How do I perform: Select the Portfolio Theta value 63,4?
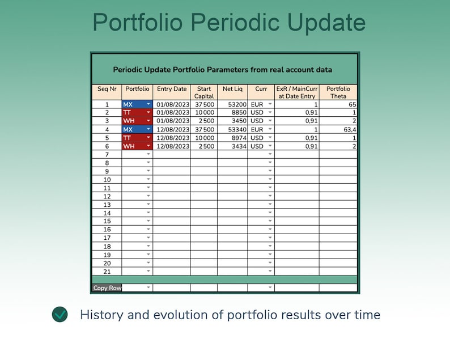tap(349, 130)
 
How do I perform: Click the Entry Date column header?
tap(172, 89)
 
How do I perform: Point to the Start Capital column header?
tap(203, 92)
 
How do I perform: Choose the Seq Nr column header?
tap(107, 89)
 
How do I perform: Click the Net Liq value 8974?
tap(237, 138)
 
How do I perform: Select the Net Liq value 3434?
tap(237, 146)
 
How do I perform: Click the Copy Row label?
tap(107, 288)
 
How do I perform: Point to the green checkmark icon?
tap(60, 315)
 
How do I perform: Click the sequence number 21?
tap(107, 272)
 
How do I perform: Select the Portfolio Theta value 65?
tap(352, 105)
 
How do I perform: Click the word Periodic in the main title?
tap(235, 23)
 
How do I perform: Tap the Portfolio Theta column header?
tap(338, 92)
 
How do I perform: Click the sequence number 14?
tap(107, 213)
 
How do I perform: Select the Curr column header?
tap(261, 89)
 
